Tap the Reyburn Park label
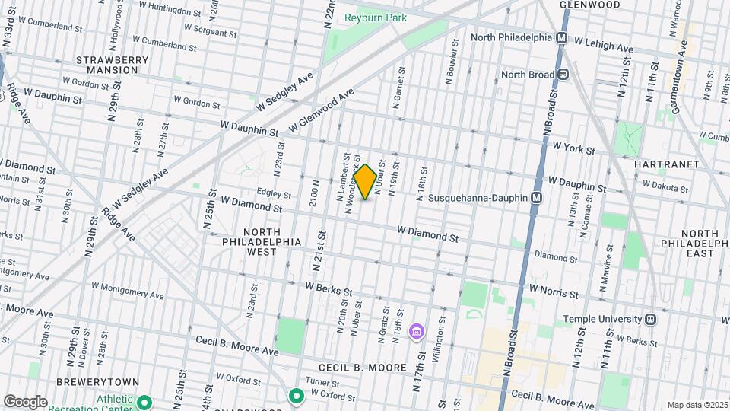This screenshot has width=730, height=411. tap(375, 18)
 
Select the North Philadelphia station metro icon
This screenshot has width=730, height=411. tap(563, 37)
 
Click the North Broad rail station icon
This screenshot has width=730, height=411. tap(563, 75)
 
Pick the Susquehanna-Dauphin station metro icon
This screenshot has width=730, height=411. tap(537, 197)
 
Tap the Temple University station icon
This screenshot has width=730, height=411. tap(650, 320)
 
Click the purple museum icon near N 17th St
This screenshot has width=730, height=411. tap(416, 331)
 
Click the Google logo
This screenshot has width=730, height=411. tap(25, 401)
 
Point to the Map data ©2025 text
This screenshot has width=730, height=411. tap(696, 405)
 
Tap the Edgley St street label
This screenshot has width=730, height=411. tap(275, 193)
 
